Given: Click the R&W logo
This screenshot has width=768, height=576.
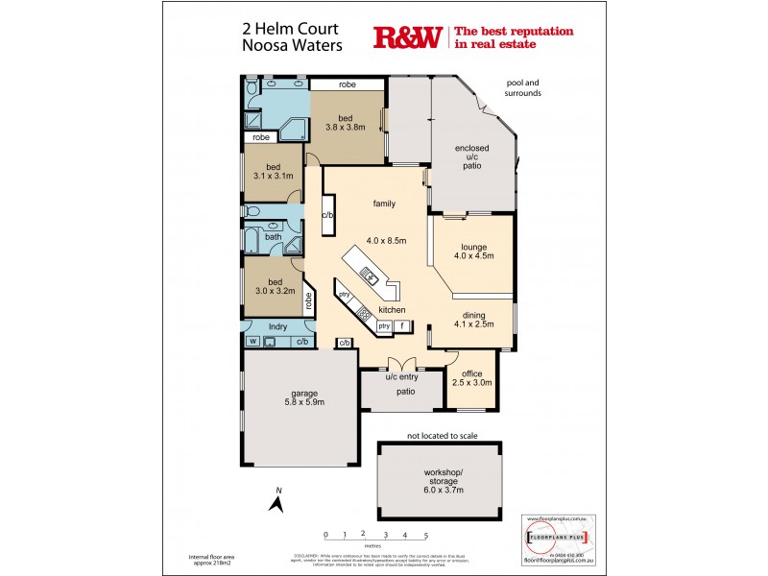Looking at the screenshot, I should click(x=406, y=37).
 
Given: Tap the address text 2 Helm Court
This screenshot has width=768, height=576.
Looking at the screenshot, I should click(x=283, y=31).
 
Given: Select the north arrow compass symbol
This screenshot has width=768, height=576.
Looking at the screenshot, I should click(x=276, y=502).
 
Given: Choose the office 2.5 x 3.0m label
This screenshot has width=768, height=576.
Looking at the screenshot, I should click(x=471, y=377).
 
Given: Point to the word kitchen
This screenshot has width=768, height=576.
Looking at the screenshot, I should click(x=391, y=310).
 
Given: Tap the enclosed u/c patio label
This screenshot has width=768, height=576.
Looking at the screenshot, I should click(x=471, y=157).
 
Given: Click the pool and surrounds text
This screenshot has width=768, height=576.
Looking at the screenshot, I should click(x=524, y=89).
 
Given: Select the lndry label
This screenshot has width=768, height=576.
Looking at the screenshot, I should click(x=277, y=326).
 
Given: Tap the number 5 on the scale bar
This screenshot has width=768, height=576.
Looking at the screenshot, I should click(x=425, y=535).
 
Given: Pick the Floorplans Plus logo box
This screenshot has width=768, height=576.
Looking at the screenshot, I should click(x=556, y=534).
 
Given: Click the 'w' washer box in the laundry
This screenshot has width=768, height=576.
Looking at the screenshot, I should click(x=252, y=341).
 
